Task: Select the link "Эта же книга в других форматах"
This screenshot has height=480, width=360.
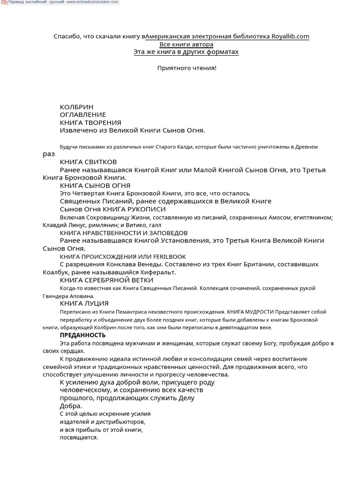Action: point(186,52)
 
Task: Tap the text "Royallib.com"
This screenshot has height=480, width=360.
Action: point(290,37)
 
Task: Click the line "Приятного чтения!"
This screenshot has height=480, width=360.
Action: point(187,68)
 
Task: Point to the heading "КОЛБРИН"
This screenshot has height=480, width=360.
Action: point(74,107)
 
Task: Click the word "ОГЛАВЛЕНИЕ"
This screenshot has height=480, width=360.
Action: point(83,115)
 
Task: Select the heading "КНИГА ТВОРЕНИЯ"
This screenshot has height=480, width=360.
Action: point(90,123)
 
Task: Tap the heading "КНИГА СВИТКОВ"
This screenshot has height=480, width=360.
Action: point(88,162)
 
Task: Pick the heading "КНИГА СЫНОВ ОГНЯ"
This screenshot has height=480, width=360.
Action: point(95,186)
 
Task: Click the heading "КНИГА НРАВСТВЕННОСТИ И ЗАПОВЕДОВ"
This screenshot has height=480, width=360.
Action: point(124,233)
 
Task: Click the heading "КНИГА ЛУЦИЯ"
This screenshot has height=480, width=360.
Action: point(84,304)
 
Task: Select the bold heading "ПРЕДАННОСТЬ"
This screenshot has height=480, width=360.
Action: point(82,335)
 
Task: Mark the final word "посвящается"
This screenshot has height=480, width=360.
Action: point(78,438)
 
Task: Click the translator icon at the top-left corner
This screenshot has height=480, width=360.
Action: point(4,2)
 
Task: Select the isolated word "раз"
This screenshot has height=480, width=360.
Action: point(49,154)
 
